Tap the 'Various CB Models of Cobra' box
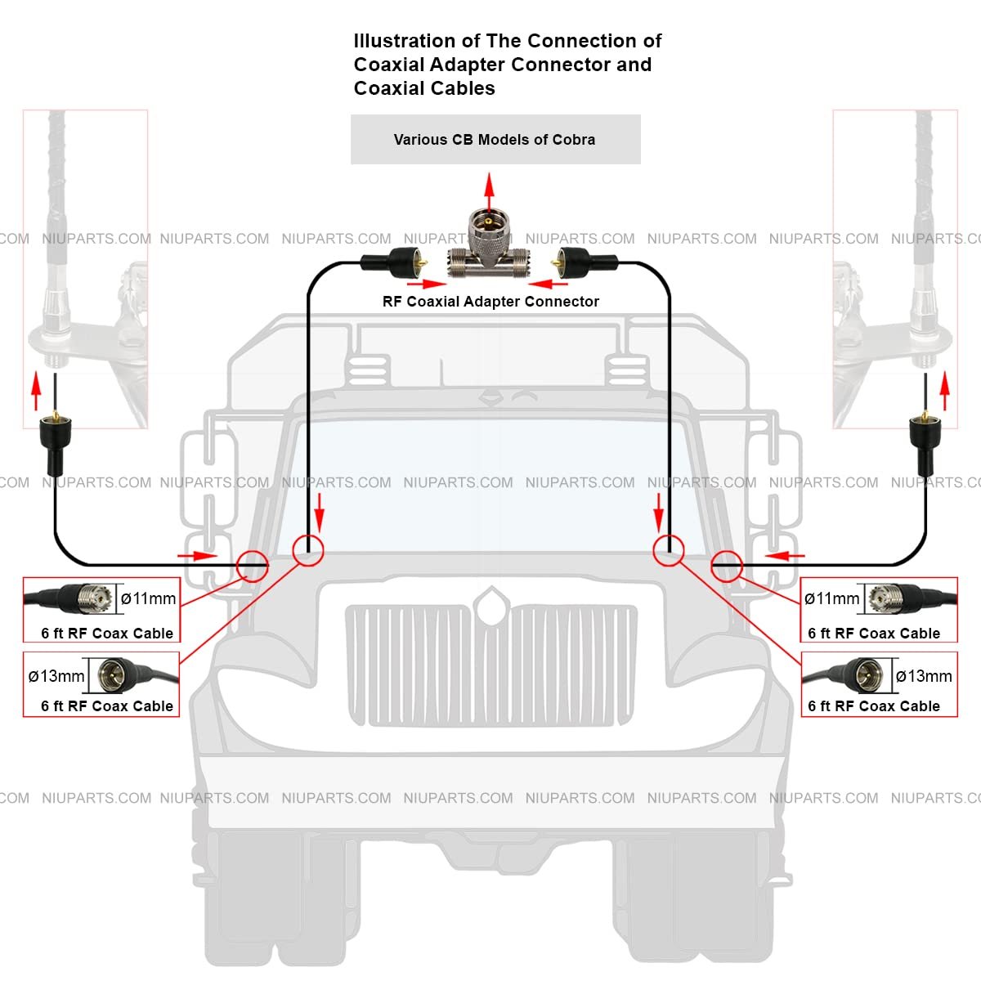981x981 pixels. (x=495, y=139)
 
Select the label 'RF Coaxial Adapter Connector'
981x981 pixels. (x=490, y=302)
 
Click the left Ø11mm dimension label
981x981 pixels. (x=148, y=598)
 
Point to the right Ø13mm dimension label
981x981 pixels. (x=924, y=676)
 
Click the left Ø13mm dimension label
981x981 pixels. (x=56, y=676)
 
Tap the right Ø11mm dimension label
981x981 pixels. (x=831, y=598)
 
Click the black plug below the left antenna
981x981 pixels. (x=56, y=441)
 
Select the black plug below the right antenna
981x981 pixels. (x=925, y=441)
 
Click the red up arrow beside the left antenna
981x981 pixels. (x=35, y=392)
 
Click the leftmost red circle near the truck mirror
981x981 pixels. (x=253, y=566)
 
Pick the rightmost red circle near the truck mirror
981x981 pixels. (x=726, y=566)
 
